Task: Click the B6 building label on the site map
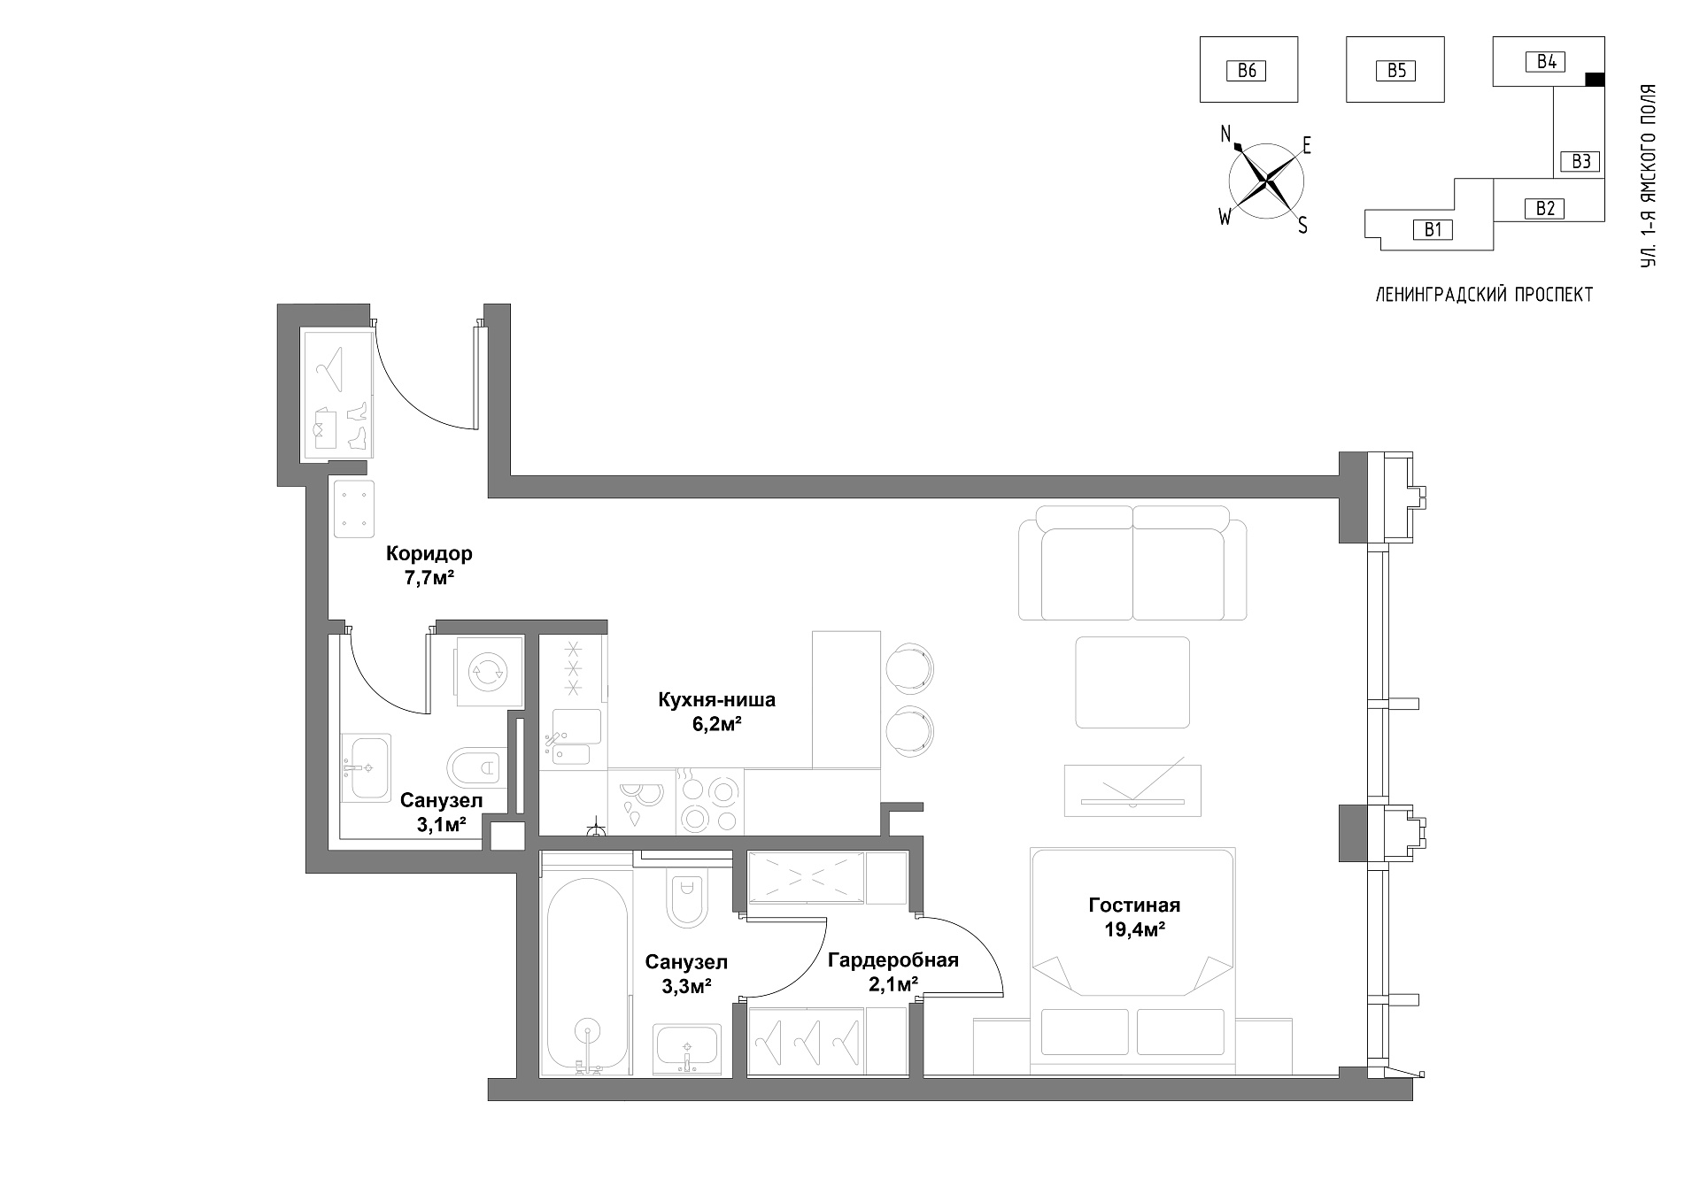pyautogui.click(x=1247, y=70)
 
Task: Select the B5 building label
pyautogui.click(x=1396, y=70)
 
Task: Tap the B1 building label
pyautogui.click(x=1433, y=230)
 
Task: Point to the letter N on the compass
pyautogui.click(x=1226, y=134)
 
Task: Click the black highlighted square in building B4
pyautogui.click(x=1595, y=80)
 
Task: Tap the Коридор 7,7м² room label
pyautogui.click(x=429, y=566)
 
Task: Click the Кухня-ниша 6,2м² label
pyautogui.click(x=716, y=712)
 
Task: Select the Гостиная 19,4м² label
pyautogui.click(x=1134, y=917)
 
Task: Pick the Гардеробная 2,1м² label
pyautogui.click(x=893, y=972)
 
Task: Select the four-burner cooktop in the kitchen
pyautogui.click(x=709, y=802)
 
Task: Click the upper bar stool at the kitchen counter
pyautogui.click(x=910, y=665)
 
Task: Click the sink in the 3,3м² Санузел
pyautogui.click(x=688, y=1048)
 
